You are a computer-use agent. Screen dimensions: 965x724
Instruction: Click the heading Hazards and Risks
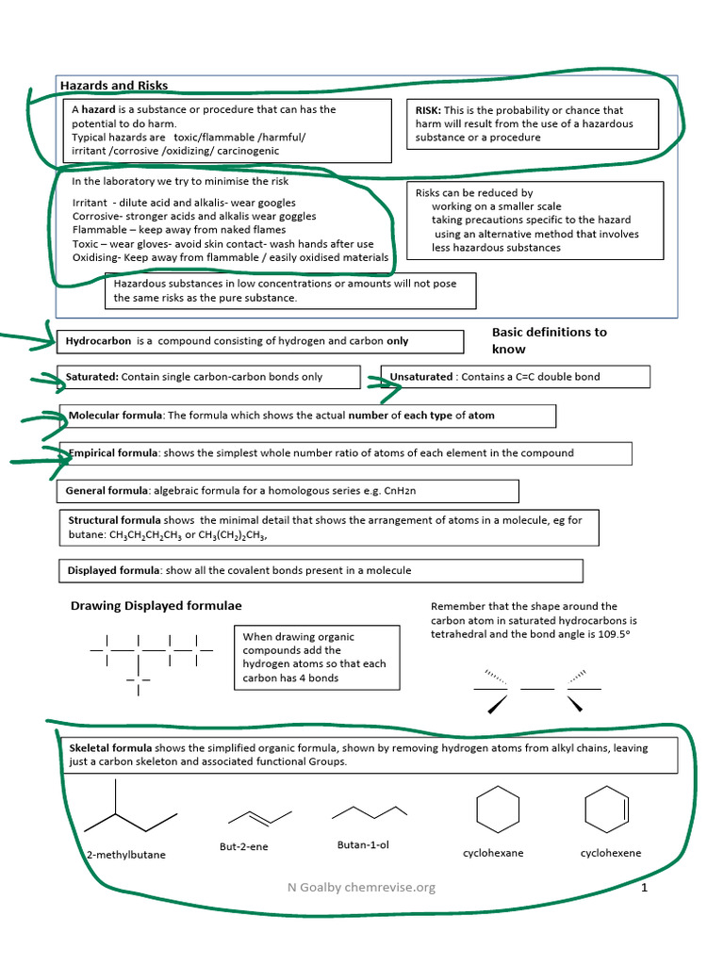pyautogui.click(x=114, y=86)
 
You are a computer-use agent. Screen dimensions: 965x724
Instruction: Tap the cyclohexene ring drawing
pyautogui.click(x=607, y=810)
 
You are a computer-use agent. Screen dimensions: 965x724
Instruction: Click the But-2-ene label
pyautogui.click(x=243, y=846)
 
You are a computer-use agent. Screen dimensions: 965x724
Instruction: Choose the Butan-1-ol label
pyautogui.click(x=363, y=844)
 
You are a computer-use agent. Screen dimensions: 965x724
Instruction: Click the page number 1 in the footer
pyautogui.click(x=644, y=888)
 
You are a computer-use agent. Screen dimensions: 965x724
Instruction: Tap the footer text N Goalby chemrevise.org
pyautogui.click(x=362, y=888)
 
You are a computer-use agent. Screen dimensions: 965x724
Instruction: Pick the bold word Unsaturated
pyautogui.click(x=421, y=377)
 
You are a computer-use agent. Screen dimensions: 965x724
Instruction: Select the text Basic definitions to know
pyautogui.click(x=549, y=340)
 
